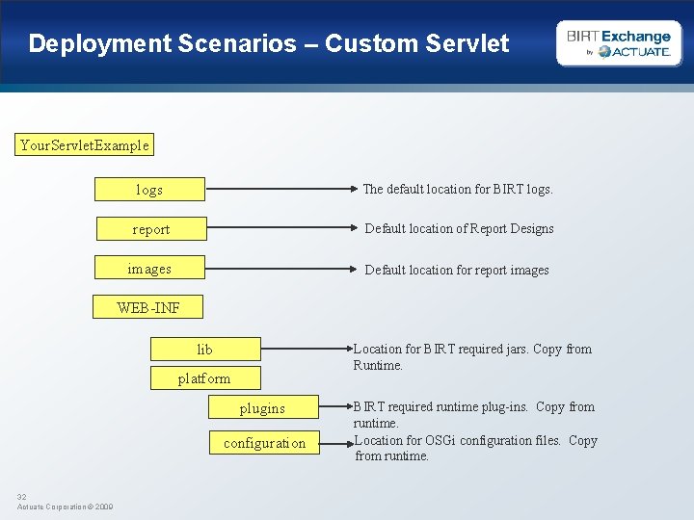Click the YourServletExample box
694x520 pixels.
coord(85,145)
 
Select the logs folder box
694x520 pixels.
coord(149,190)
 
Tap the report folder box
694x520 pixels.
coord(151,229)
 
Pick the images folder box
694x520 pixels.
coord(149,269)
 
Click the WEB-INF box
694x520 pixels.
coord(147,308)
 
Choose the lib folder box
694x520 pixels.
coord(205,349)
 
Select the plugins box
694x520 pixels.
coord(262,408)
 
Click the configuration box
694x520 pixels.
coord(264,443)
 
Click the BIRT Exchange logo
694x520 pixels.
coord(619,43)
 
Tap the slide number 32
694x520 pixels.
coord(22,497)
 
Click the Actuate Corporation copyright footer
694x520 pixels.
coord(65,507)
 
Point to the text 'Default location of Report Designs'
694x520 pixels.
coord(459,229)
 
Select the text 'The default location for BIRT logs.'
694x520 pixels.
coord(458,190)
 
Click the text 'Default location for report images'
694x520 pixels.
coord(457,270)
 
